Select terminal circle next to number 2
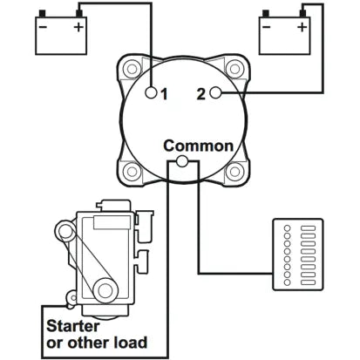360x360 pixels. [x=215, y=92]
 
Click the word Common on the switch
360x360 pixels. [x=198, y=146]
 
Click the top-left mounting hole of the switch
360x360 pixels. [x=132, y=69]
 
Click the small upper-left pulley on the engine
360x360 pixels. [x=65, y=233]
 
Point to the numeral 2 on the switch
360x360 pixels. [x=200, y=92]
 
